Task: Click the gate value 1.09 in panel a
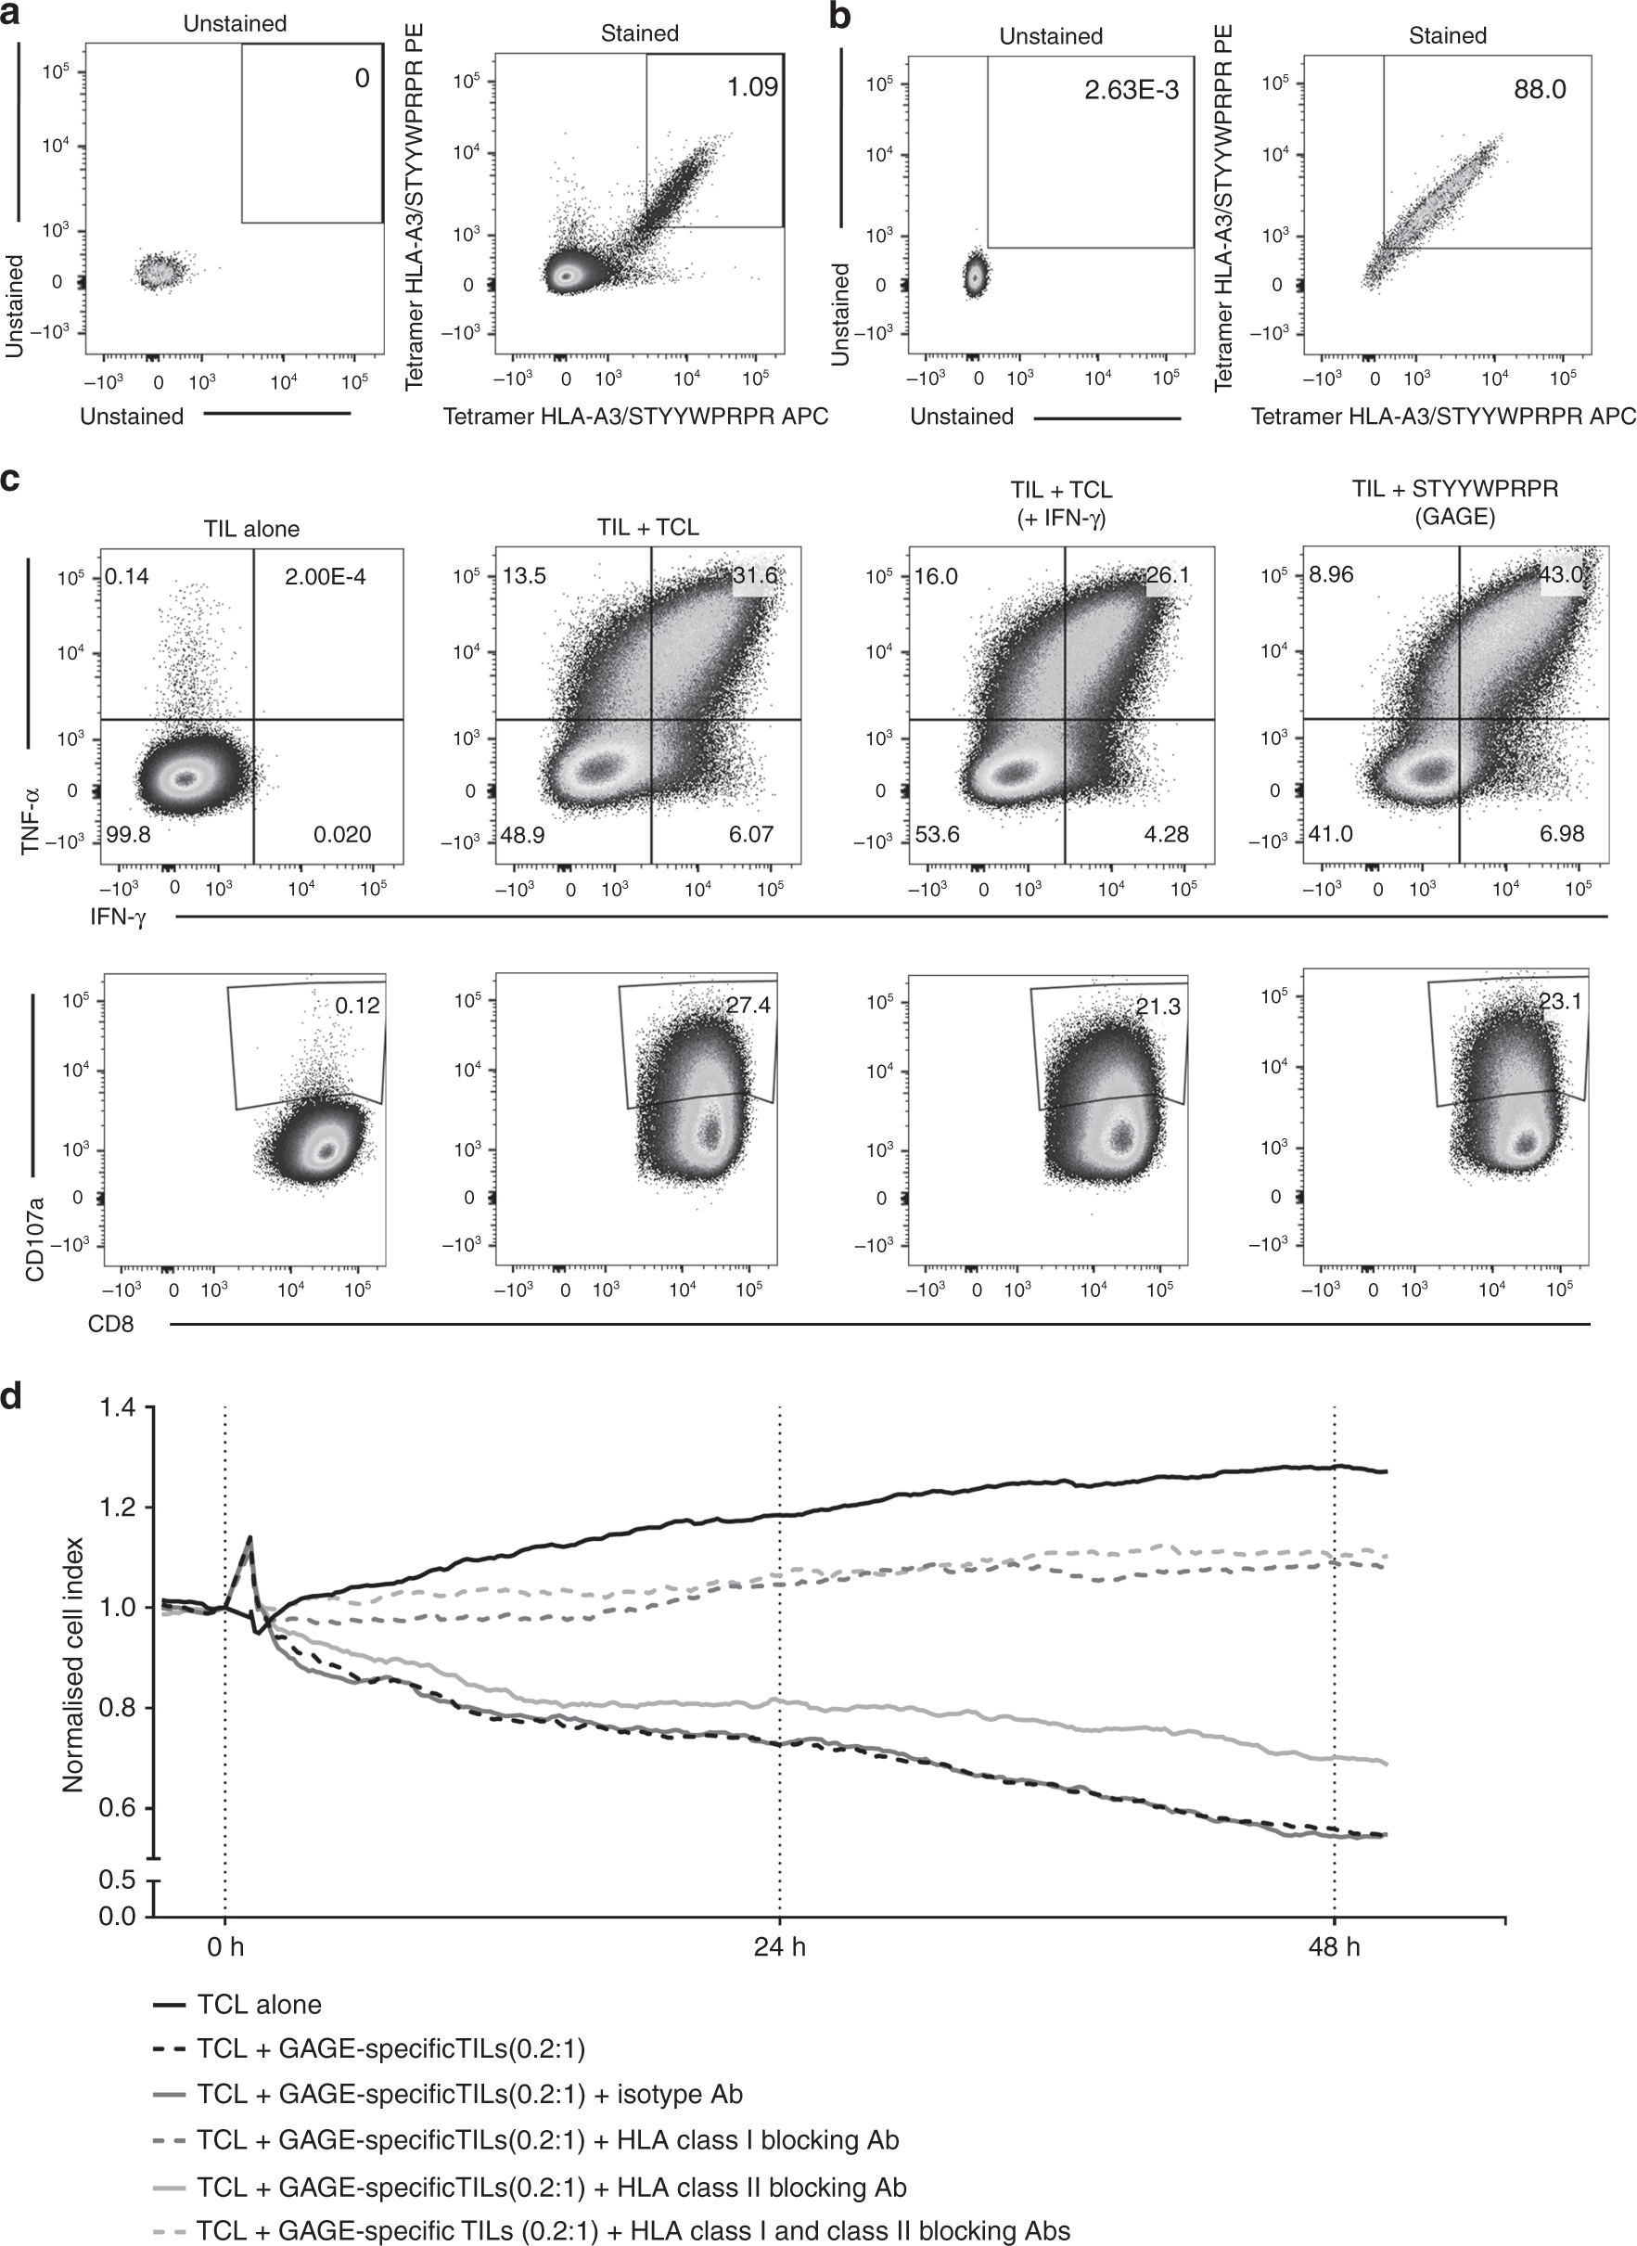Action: pyautogui.click(x=752, y=87)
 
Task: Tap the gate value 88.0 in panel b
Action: pyautogui.click(x=1539, y=90)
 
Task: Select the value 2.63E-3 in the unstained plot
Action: pyautogui.click(x=1131, y=90)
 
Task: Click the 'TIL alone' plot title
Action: pyautogui.click(x=249, y=528)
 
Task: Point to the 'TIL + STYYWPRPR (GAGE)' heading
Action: pyautogui.click(x=1454, y=503)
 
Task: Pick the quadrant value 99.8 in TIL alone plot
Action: pyautogui.click(x=128, y=834)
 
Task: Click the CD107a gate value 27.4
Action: pyautogui.click(x=748, y=1005)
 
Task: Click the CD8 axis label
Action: pyautogui.click(x=111, y=1323)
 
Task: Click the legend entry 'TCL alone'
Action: pyautogui.click(x=259, y=2005)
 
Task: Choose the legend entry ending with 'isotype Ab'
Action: pyautogui.click(x=469, y=2095)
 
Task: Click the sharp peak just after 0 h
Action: pyautogui.click(x=249, y=1538)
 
